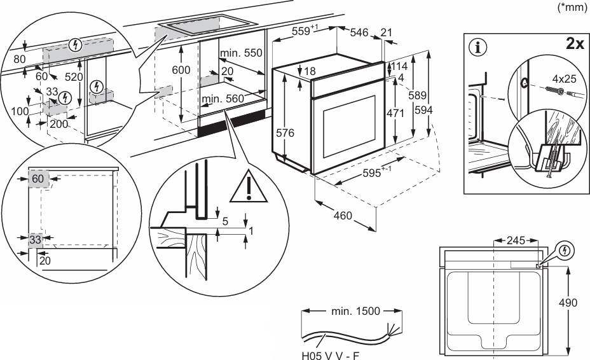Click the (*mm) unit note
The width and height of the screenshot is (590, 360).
[572, 8]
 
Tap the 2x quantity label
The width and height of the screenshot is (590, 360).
[574, 44]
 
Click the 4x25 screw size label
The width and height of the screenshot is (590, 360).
[565, 80]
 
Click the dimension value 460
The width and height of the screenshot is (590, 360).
[343, 216]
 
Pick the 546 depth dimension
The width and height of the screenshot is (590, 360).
[360, 32]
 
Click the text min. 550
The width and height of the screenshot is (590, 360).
[242, 53]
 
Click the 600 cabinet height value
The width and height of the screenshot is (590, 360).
[181, 69]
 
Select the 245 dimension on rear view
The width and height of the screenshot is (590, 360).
[516, 240]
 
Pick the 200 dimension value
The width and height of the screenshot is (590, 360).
[58, 124]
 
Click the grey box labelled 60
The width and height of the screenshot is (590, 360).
[38, 179]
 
